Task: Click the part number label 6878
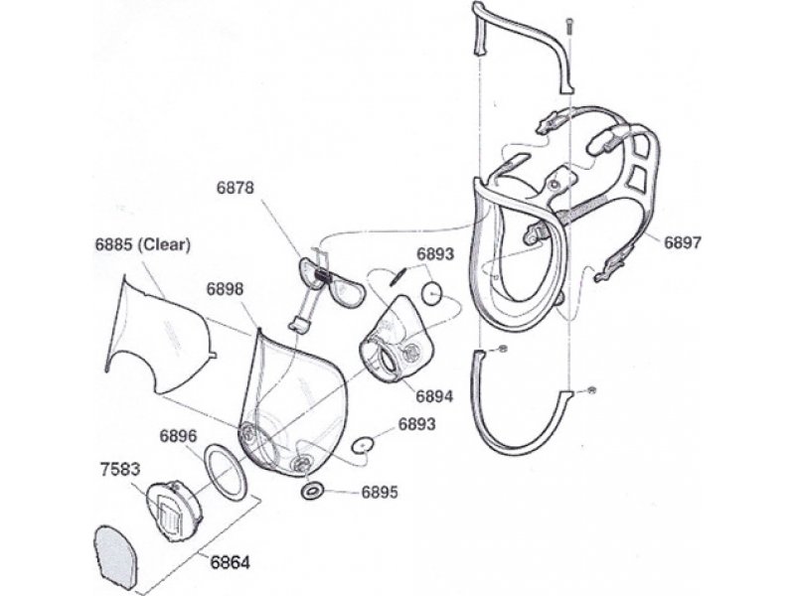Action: pyautogui.click(x=235, y=188)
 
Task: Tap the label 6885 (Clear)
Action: pyautogui.click(x=143, y=244)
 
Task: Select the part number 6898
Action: pyautogui.click(x=226, y=289)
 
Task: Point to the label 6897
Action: pyautogui.click(x=683, y=242)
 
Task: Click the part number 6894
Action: pyautogui.click(x=434, y=395)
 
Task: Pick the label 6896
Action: pyautogui.click(x=178, y=436)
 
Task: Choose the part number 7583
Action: pyautogui.click(x=119, y=469)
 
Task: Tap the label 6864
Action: pyautogui.click(x=231, y=562)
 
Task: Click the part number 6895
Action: pyautogui.click(x=380, y=492)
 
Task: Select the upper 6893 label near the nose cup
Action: pyautogui.click(x=435, y=254)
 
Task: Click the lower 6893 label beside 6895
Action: pyautogui.click(x=416, y=424)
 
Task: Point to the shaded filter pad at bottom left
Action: pyautogui.click(x=115, y=558)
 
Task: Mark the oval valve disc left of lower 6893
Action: pyautogui.click(x=363, y=444)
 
